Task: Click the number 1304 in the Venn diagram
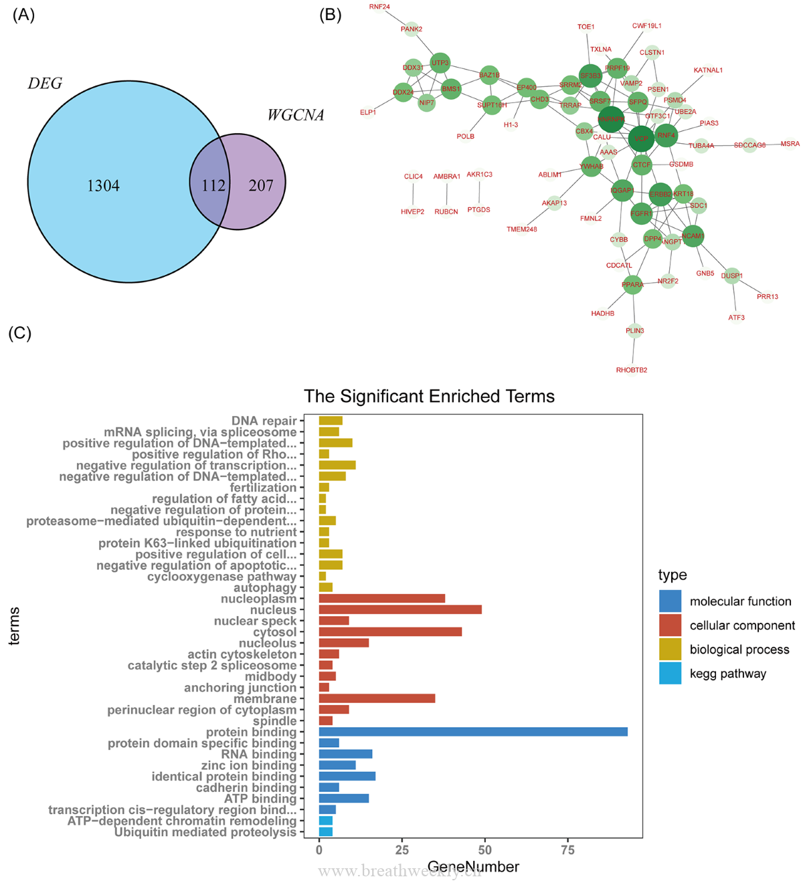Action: point(103,186)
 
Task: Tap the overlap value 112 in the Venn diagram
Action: point(213,185)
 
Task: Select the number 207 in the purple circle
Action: point(260,185)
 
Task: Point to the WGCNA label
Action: point(295,116)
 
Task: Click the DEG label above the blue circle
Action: point(45,84)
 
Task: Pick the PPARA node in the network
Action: point(632,285)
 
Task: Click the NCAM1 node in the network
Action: point(693,236)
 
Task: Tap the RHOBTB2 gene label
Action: point(632,370)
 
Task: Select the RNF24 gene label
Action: point(379,7)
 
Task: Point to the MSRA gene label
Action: point(790,144)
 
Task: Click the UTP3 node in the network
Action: point(440,64)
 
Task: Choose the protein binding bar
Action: point(472,732)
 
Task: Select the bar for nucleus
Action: point(399,610)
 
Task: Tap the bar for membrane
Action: point(377,698)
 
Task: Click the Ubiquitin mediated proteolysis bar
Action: point(325,832)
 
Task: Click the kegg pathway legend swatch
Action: point(670,674)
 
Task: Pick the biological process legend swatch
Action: point(670,650)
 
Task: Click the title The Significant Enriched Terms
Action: point(429,397)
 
